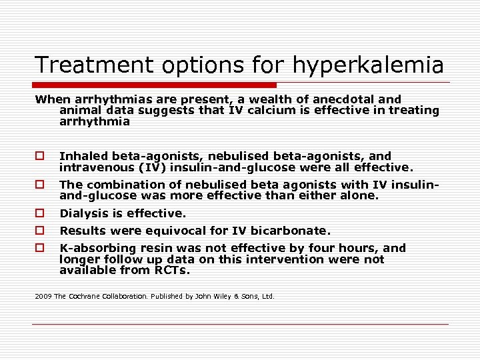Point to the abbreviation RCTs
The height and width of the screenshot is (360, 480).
(172, 271)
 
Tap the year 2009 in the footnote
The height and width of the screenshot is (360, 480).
(43, 296)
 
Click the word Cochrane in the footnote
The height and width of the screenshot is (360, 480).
(84, 296)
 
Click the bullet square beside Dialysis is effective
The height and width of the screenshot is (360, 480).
(40, 214)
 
